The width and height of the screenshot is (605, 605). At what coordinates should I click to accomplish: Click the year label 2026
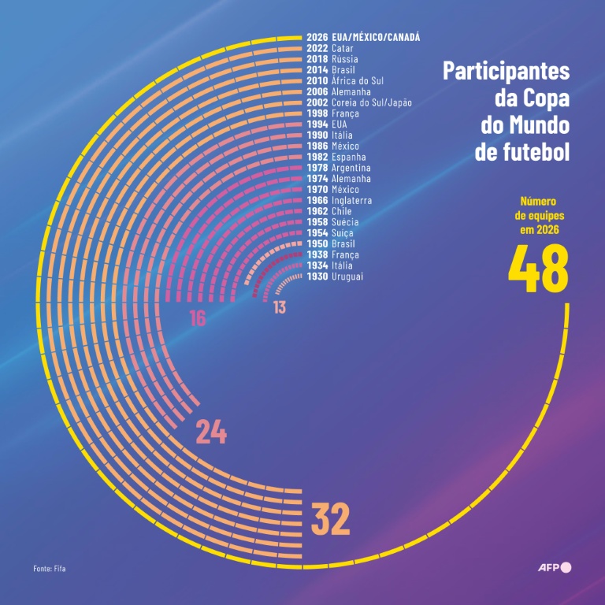pyautogui.click(x=317, y=37)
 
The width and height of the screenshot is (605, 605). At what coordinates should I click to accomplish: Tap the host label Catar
pyautogui.click(x=343, y=48)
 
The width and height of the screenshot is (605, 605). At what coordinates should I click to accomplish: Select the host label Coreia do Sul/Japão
pyautogui.click(x=372, y=102)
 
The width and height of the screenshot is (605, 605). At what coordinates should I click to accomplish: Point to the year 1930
pyautogui.click(x=317, y=277)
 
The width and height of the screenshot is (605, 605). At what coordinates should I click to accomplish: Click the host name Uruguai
pyautogui.click(x=347, y=277)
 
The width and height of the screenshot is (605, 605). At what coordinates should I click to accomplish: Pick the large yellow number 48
pyautogui.click(x=538, y=269)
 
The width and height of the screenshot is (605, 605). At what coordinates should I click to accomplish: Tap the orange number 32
pyautogui.click(x=330, y=518)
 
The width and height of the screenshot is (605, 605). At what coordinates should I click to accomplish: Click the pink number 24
pyautogui.click(x=211, y=432)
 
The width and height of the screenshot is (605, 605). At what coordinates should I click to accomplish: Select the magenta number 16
pyautogui.click(x=197, y=318)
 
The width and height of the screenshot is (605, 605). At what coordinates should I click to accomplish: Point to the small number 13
pyautogui.click(x=280, y=307)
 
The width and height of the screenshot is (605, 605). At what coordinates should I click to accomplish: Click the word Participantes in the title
pyautogui.click(x=506, y=71)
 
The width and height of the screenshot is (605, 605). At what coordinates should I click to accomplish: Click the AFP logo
pyautogui.click(x=554, y=567)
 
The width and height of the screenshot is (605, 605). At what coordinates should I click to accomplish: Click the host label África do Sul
pyautogui.click(x=358, y=80)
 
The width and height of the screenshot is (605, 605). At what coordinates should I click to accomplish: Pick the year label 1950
pyautogui.click(x=317, y=244)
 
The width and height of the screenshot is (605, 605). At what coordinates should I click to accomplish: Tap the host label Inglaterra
pyautogui.click(x=351, y=201)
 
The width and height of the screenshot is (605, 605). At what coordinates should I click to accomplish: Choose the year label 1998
pyautogui.click(x=317, y=113)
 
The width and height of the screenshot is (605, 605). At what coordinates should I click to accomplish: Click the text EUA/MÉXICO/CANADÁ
pyautogui.click(x=376, y=37)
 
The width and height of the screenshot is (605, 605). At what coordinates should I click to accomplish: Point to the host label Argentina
pyautogui.click(x=351, y=168)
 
